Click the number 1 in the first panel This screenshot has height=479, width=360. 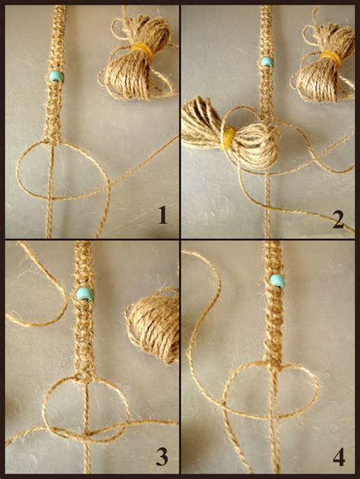click(x=161, y=216)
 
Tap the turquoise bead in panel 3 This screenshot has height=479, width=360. click(x=84, y=294)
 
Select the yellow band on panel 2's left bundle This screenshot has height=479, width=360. click(x=227, y=137)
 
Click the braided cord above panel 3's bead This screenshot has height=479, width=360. click(x=84, y=262)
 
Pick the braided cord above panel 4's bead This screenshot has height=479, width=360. click(x=276, y=258)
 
